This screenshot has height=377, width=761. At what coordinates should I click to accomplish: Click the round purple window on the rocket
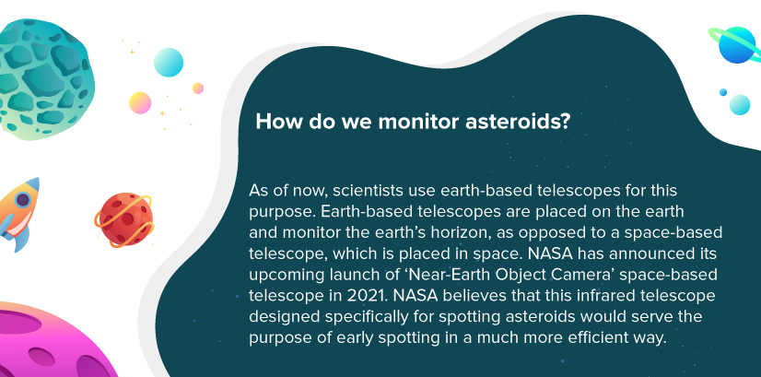(x=22, y=199)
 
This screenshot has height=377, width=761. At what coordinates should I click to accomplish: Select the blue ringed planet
(x=736, y=44)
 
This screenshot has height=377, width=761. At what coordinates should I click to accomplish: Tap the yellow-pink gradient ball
(x=140, y=103)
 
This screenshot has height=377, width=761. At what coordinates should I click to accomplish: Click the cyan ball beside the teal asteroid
(x=169, y=62)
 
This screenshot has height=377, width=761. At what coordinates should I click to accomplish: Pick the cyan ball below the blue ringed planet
(x=740, y=104)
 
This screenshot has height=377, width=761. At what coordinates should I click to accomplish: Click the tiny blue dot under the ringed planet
(x=723, y=92)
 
